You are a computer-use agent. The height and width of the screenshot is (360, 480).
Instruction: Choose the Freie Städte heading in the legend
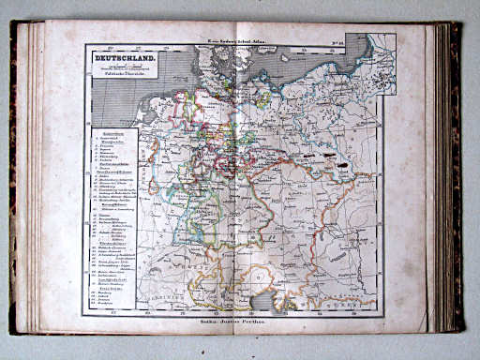[x=110, y=289]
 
